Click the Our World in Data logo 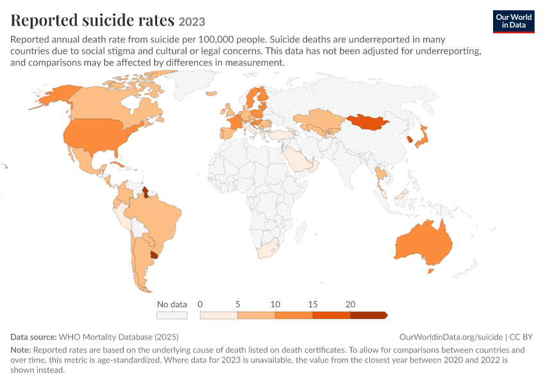pos(514,22)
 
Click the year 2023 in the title pos(192,22)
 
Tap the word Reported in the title pos(44,21)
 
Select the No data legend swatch pos(172,316)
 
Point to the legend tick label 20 pos(350,304)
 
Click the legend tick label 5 pos(238,304)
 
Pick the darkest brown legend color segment pos(369,316)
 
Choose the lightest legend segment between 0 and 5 pos(219,316)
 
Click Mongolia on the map pos(368,122)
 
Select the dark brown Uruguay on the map pos(154,254)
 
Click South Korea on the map pos(410,139)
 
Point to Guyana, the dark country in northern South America pos(146,193)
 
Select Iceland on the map pos(212,93)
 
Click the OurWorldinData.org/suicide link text pos(451,337)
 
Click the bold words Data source pos(33,337)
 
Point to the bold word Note pos(21,350)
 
